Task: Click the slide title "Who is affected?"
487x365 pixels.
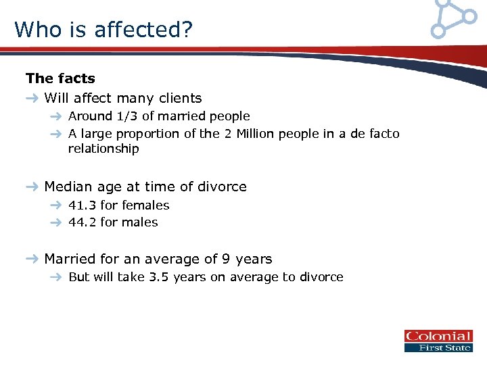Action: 103,29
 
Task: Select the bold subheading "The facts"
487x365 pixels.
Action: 60,78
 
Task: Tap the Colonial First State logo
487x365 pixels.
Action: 438,341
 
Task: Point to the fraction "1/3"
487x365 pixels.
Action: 126,116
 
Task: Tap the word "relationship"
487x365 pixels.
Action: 103,149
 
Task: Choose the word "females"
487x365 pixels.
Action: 145,205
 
